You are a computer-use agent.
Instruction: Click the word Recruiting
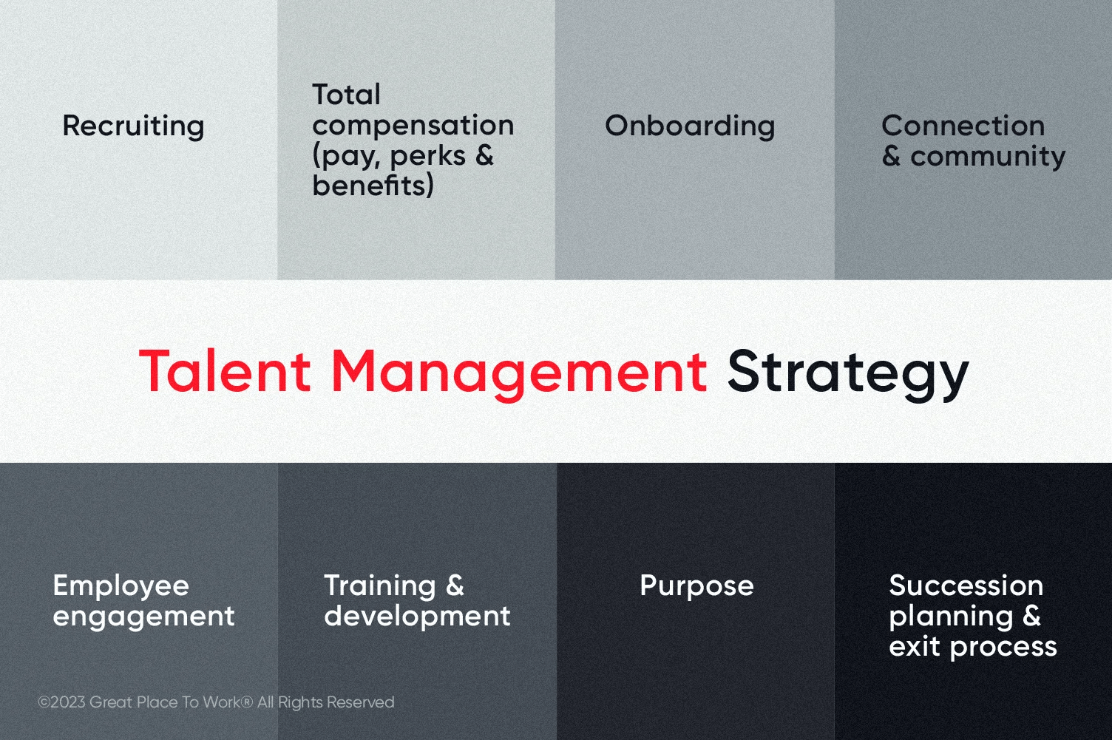(x=133, y=126)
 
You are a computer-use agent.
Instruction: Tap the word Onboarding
(x=690, y=126)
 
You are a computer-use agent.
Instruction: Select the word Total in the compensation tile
(x=346, y=95)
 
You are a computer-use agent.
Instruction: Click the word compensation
(x=413, y=125)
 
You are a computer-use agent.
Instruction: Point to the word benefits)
(x=373, y=186)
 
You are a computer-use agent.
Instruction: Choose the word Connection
(x=963, y=126)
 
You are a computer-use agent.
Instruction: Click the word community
(x=988, y=157)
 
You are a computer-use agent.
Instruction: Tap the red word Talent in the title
(x=226, y=370)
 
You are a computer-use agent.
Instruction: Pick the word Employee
(x=121, y=586)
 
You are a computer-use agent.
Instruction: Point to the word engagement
(x=143, y=617)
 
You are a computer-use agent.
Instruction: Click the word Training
(x=380, y=586)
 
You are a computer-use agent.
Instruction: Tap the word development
(x=417, y=616)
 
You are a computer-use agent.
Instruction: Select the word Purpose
(x=696, y=586)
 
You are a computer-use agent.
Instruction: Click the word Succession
(x=966, y=585)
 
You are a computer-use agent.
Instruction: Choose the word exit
(x=915, y=646)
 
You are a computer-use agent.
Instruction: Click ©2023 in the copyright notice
(x=61, y=702)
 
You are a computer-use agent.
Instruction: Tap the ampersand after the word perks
(x=484, y=155)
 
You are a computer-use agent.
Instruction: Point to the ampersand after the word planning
(x=1031, y=615)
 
